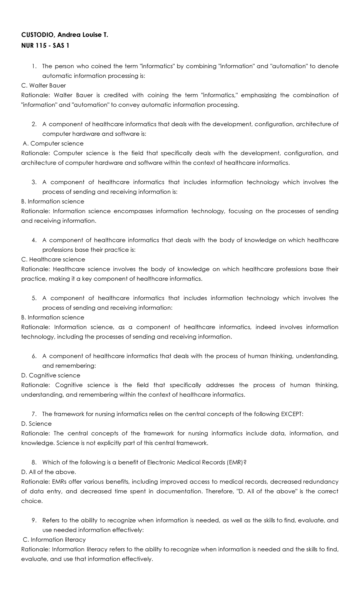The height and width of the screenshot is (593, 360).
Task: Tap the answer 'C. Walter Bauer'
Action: (x=43, y=86)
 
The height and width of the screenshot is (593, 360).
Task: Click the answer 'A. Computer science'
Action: (x=53, y=143)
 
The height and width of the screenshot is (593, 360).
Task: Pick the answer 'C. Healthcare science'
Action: (x=53, y=259)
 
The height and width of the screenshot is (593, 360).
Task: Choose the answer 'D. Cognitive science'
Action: (x=51, y=375)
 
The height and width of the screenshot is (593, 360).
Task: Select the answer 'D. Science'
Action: (x=36, y=424)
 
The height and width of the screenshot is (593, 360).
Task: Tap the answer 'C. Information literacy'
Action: (x=54, y=540)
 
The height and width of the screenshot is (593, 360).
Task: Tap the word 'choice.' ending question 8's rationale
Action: (x=32, y=501)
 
